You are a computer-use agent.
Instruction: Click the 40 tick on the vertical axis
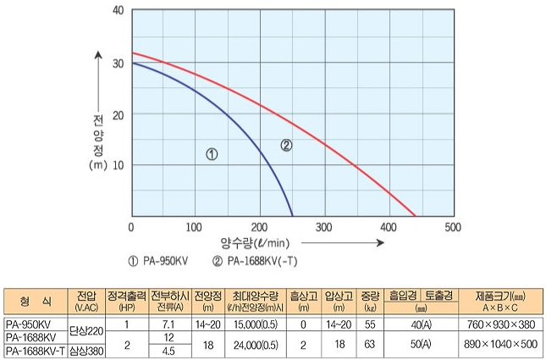[x=118, y=11]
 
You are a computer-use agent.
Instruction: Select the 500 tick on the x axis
[x=453, y=228]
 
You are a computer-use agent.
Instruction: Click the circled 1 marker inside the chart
[x=212, y=154]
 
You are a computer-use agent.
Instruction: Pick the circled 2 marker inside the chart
[x=286, y=145]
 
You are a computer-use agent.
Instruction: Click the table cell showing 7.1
[x=167, y=324]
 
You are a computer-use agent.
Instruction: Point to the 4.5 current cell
[x=167, y=351]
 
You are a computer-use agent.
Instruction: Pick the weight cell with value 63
[x=369, y=344]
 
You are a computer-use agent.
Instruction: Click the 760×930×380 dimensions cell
[x=503, y=324]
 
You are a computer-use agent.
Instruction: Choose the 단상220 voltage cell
[x=85, y=330]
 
